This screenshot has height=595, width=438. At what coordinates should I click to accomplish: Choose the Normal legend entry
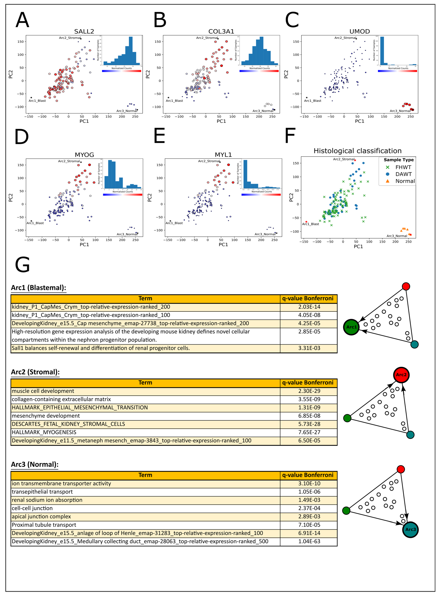pos(405,181)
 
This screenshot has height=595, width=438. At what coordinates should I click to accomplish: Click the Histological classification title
pos(357,151)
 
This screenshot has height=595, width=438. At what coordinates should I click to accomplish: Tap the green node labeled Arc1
pos(351,327)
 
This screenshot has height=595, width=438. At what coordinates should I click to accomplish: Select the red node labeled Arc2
pos(401,375)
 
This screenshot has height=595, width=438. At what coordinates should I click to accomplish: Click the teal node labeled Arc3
pos(410,529)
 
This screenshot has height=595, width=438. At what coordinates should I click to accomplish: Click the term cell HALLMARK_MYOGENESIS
pos(44,432)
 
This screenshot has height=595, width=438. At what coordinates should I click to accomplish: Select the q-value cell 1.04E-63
pos(309,541)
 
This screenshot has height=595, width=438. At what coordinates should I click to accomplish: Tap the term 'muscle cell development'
pos(43,391)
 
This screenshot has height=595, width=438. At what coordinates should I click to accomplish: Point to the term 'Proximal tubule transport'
pos(44,525)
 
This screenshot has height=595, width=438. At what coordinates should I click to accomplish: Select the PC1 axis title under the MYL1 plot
pos(223,244)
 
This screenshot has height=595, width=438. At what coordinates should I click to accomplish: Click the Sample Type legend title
pos(399,160)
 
